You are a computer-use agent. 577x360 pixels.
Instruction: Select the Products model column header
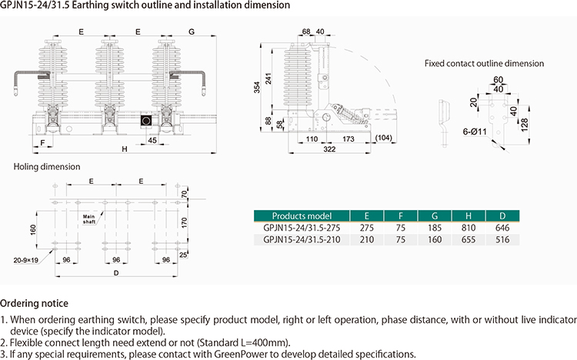click(x=302, y=215)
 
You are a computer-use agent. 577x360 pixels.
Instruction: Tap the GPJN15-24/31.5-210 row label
click(x=302, y=240)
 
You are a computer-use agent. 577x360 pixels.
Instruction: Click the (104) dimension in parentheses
click(x=385, y=137)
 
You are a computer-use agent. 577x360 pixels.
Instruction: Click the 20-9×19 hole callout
click(x=25, y=261)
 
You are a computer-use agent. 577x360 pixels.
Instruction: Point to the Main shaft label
click(x=93, y=219)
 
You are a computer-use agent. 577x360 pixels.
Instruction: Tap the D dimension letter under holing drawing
click(x=115, y=272)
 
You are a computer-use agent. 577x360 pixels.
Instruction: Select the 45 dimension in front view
click(x=152, y=140)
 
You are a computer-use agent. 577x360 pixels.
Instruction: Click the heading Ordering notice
click(x=34, y=302)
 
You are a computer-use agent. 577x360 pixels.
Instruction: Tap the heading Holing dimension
click(x=46, y=166)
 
